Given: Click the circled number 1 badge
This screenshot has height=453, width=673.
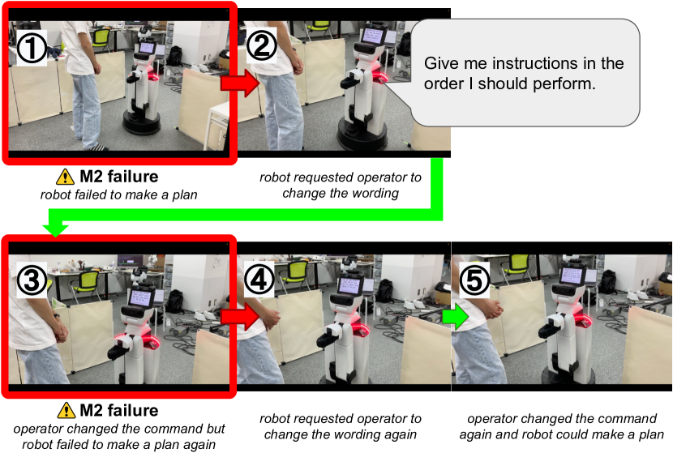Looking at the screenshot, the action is [x=32, y=49].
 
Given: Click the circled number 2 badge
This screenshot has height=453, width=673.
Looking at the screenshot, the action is [x=261, y=45].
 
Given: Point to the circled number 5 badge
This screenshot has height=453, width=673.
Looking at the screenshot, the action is [x=474, y=280].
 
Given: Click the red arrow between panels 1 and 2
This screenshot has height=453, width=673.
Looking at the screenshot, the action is [x=240, y=83].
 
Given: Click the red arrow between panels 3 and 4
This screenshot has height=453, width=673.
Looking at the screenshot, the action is [x=240, y=317].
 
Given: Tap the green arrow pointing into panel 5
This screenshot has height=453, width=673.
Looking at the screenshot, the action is [x=456, y=317].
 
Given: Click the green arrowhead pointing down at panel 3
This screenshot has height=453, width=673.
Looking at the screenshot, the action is [x=55, y=229].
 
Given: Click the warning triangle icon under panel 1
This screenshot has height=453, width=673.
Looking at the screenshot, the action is [x=65, y=177].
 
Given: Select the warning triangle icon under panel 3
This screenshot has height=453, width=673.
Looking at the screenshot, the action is [x=66, y=410].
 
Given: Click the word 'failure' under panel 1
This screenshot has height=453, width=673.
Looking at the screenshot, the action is [x=133, y=177].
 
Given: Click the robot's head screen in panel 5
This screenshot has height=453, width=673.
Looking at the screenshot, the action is [x=572, y=275].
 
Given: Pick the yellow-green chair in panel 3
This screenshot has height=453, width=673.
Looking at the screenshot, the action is [x=87, y=285].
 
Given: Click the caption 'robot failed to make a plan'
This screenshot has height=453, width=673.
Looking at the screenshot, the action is [x=118, y=194].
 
